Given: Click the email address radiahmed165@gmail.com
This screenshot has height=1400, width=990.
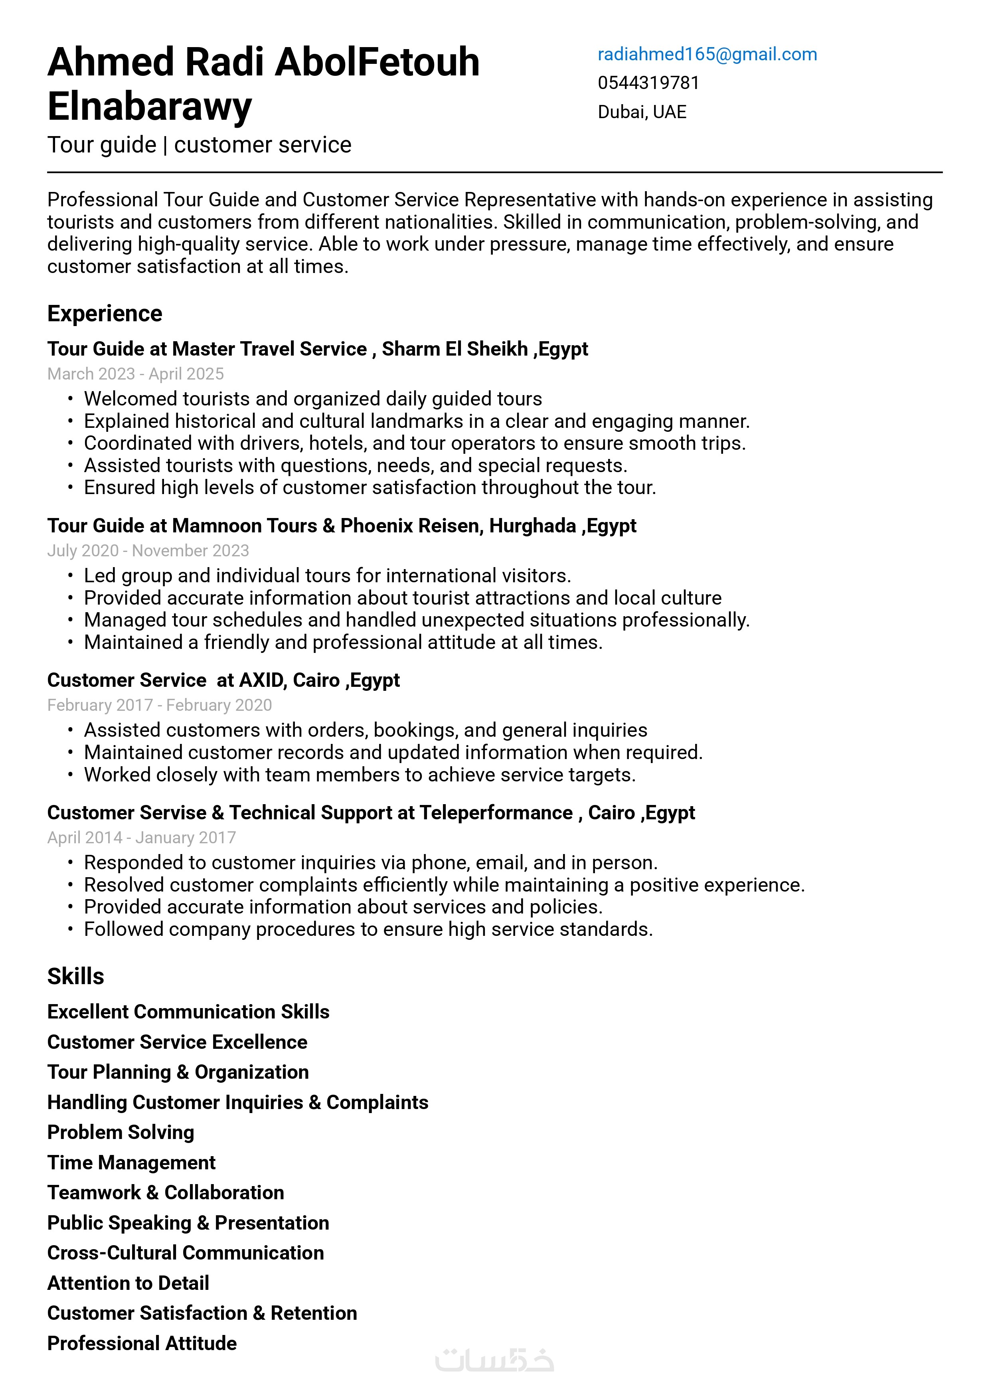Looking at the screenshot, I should pyautogui.click(x=707, y=54).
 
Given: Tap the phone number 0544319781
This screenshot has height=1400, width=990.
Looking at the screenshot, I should pyautogui.click(x=648, y=83).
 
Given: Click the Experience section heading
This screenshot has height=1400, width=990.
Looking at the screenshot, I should pyautogui.click(x=105, y=313).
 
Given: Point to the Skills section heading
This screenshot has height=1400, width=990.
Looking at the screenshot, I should pyautogui.click(x=75, y=976).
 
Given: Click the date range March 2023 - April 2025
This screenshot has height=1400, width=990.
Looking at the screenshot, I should pyautogui.click(x=135, y=374).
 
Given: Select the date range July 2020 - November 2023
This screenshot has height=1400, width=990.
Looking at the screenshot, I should pyautogui.click(x=148, y=551).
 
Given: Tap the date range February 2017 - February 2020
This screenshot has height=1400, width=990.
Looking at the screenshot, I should pyautogui.click(x=159, y=705).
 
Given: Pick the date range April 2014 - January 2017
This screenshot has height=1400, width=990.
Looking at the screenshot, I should pyautogui.click(x=141, y=837).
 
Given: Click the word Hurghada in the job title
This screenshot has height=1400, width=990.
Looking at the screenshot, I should pyautogui.click(x=532, y=526).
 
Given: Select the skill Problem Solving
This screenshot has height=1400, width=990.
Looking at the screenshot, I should pyautogui.click(x=121, y=1132).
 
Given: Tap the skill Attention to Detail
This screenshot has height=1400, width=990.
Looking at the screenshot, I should pyautogui.click(x=128, y=1283).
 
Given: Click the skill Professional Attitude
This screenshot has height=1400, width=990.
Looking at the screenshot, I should pyautogui.click(x=141, y=1343).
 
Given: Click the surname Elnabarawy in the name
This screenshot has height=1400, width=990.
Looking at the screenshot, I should pyautogui.click(x=149, y=107).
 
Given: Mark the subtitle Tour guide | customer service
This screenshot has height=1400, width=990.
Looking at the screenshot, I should pyautogui.click(x=200, y=145).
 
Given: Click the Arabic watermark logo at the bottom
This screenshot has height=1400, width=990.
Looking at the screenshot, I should pyautogui.click(x=494, y=1360).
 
